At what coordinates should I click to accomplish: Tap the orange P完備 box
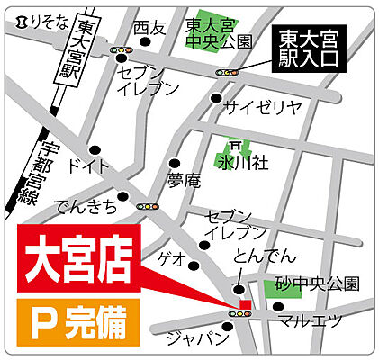(x=78, y=322)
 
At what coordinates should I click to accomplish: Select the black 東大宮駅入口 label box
(x=307, y=49)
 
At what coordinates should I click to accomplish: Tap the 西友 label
(x=149, y=29)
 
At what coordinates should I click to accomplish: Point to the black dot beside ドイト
(x=94, y=149)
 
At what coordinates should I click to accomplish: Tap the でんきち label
(x=86, y=206)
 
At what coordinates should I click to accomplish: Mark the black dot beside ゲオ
(x=193, y=263)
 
